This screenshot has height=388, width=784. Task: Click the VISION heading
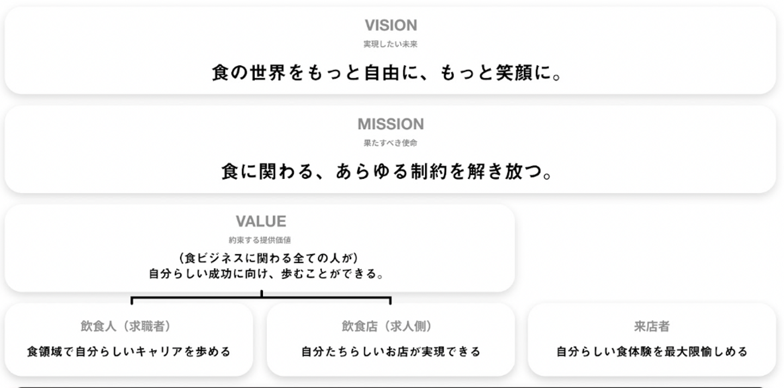[391, 26]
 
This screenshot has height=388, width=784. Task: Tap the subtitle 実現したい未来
[391, 45]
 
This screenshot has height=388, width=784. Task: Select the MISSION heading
[390, 124]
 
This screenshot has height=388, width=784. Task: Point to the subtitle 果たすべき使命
[391, 143]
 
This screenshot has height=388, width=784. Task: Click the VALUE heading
[261, 221]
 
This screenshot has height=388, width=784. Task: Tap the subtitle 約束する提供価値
[260, 240]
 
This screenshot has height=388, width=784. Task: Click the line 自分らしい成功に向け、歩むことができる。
[267, 274]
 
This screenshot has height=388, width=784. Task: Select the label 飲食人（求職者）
[126, 326]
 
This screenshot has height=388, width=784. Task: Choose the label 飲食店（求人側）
[387, 326]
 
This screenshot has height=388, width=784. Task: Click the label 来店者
[652, 326]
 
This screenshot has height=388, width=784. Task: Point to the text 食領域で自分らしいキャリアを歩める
[129, 352]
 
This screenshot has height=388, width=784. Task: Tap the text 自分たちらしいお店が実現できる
[391, 352]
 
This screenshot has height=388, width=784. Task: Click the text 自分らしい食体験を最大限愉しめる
[652, 352]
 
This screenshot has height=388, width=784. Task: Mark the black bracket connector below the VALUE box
[261, 298]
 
